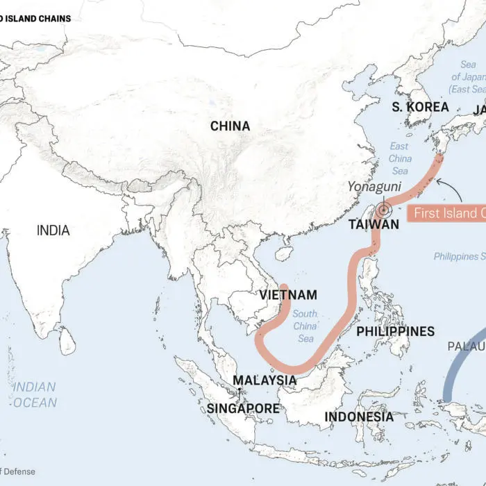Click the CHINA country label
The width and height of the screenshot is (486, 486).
coord(230,126)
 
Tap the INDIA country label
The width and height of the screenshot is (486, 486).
coord(53,230)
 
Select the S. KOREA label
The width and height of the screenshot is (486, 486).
coord(420,107)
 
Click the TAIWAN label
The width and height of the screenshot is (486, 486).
coord(374,224)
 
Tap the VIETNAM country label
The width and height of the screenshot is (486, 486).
coord(288,294)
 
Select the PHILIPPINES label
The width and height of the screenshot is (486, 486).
coord(395,331)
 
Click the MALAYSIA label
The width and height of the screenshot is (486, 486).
coord(264,380)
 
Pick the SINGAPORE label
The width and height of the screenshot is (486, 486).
coord(243,408)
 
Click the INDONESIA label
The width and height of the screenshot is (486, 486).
coord(358,417)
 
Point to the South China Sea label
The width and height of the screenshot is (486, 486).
coord(304,326)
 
